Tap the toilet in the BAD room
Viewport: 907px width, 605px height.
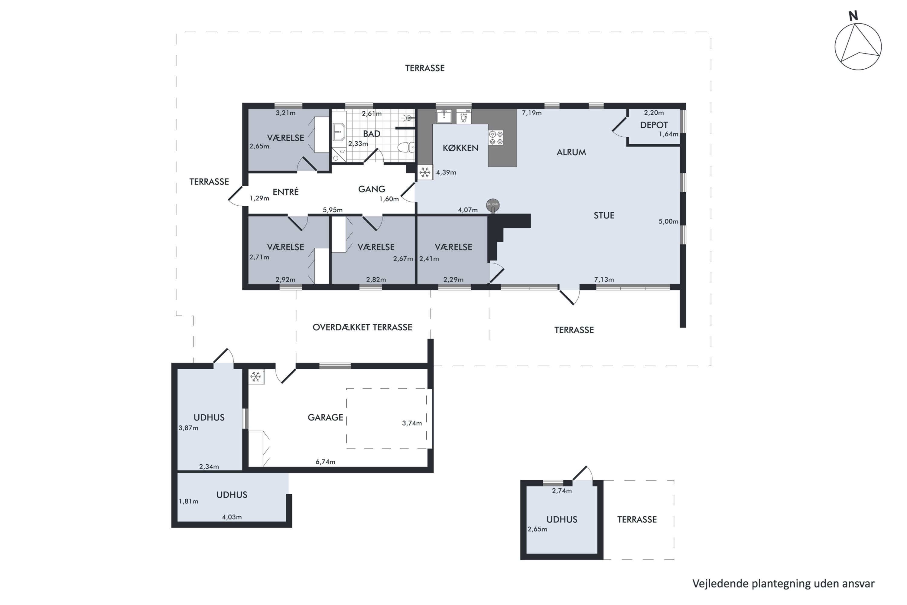(x=406, y=147)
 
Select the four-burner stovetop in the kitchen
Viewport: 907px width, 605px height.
(x=496, y=138)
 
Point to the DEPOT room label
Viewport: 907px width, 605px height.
(x=654, y=125)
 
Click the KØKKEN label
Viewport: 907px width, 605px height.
(x=460, y=148)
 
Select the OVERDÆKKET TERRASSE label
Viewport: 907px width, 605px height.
(x=362, y=327)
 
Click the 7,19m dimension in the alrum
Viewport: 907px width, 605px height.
(x=532, y=113)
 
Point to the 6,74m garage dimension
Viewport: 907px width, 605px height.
(x=326, y=462)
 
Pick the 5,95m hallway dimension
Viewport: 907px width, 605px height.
(x=333, y=210)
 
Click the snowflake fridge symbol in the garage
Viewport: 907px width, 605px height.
(x=256, y=377)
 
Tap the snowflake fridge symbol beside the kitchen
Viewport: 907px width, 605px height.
(x=425, y=172)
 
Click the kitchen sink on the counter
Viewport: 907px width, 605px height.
(x=444, y=116)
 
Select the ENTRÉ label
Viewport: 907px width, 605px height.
(x=285, y=192)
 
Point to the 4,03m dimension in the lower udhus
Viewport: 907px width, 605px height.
(x=232, y=517)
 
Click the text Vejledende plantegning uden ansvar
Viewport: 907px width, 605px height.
(x=783, y=584)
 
